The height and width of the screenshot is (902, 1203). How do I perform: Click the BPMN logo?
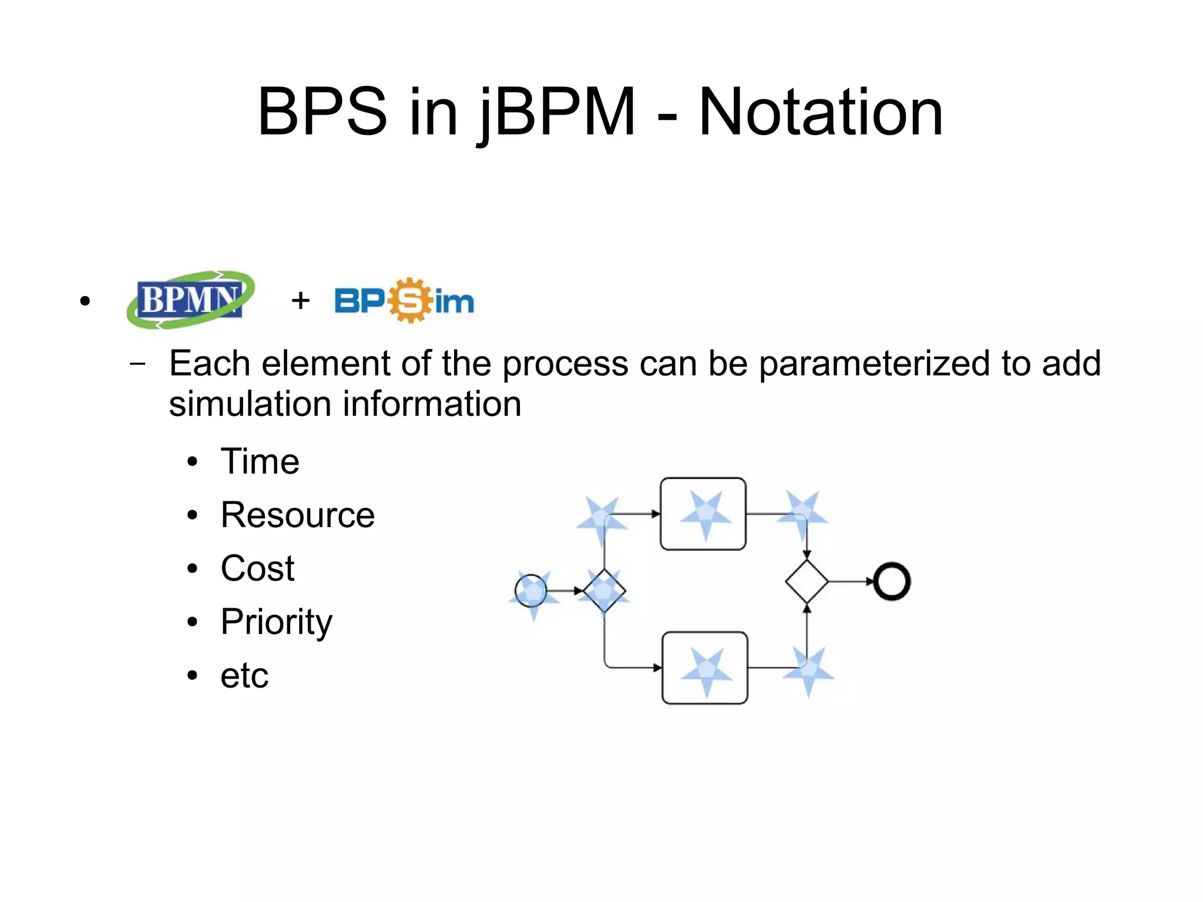pos(190,300)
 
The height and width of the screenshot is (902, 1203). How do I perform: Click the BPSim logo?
pos(404,301)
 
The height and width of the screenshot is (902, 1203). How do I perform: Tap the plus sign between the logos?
pos(300,300)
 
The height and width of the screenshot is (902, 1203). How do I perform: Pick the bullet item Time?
pos(260,461)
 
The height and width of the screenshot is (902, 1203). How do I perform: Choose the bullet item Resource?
pos(297,515)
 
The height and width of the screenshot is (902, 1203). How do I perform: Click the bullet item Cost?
pos(257,568)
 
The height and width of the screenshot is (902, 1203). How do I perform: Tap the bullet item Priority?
pos(276,622)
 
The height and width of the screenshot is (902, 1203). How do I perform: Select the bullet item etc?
pos(244,675)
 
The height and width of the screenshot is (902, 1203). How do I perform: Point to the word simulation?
pos(251,404)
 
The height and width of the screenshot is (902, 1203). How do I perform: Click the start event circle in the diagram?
pos(530,591)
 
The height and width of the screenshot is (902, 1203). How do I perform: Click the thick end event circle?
pos(892,582)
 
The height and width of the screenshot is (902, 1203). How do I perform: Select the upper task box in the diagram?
pos(703,514)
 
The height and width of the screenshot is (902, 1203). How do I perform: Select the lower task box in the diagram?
pos(705,668)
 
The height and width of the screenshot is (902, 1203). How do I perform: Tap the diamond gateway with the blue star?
pos(604,591)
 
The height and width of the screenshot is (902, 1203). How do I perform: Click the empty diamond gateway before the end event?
pos(807,582)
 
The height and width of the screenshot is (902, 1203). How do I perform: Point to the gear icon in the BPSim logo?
pos(410,300)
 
